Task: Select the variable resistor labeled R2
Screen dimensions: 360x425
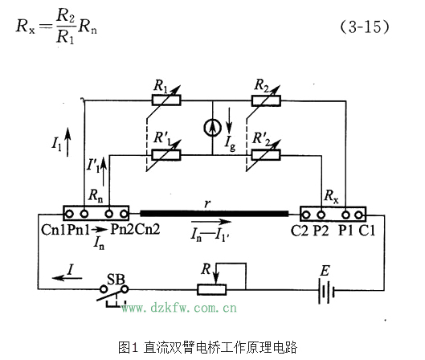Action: click(x=262, y=100)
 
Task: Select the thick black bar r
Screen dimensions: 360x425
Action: click(x=214, y=214)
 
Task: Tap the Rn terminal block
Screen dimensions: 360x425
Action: click(x=96, y=214)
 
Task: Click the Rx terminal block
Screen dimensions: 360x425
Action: click(x=333, y=214)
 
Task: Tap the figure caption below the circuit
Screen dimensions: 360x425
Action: click(x=207, y=347)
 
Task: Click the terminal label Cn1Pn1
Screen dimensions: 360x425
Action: click(x=63, y=229)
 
